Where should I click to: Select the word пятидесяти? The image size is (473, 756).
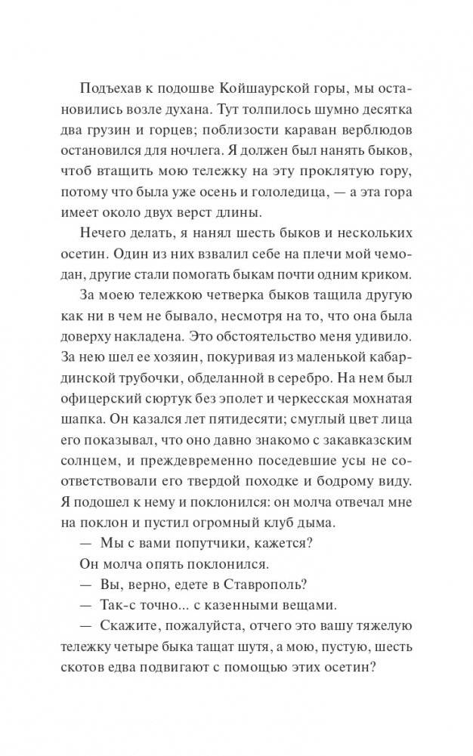pos(224,441)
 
